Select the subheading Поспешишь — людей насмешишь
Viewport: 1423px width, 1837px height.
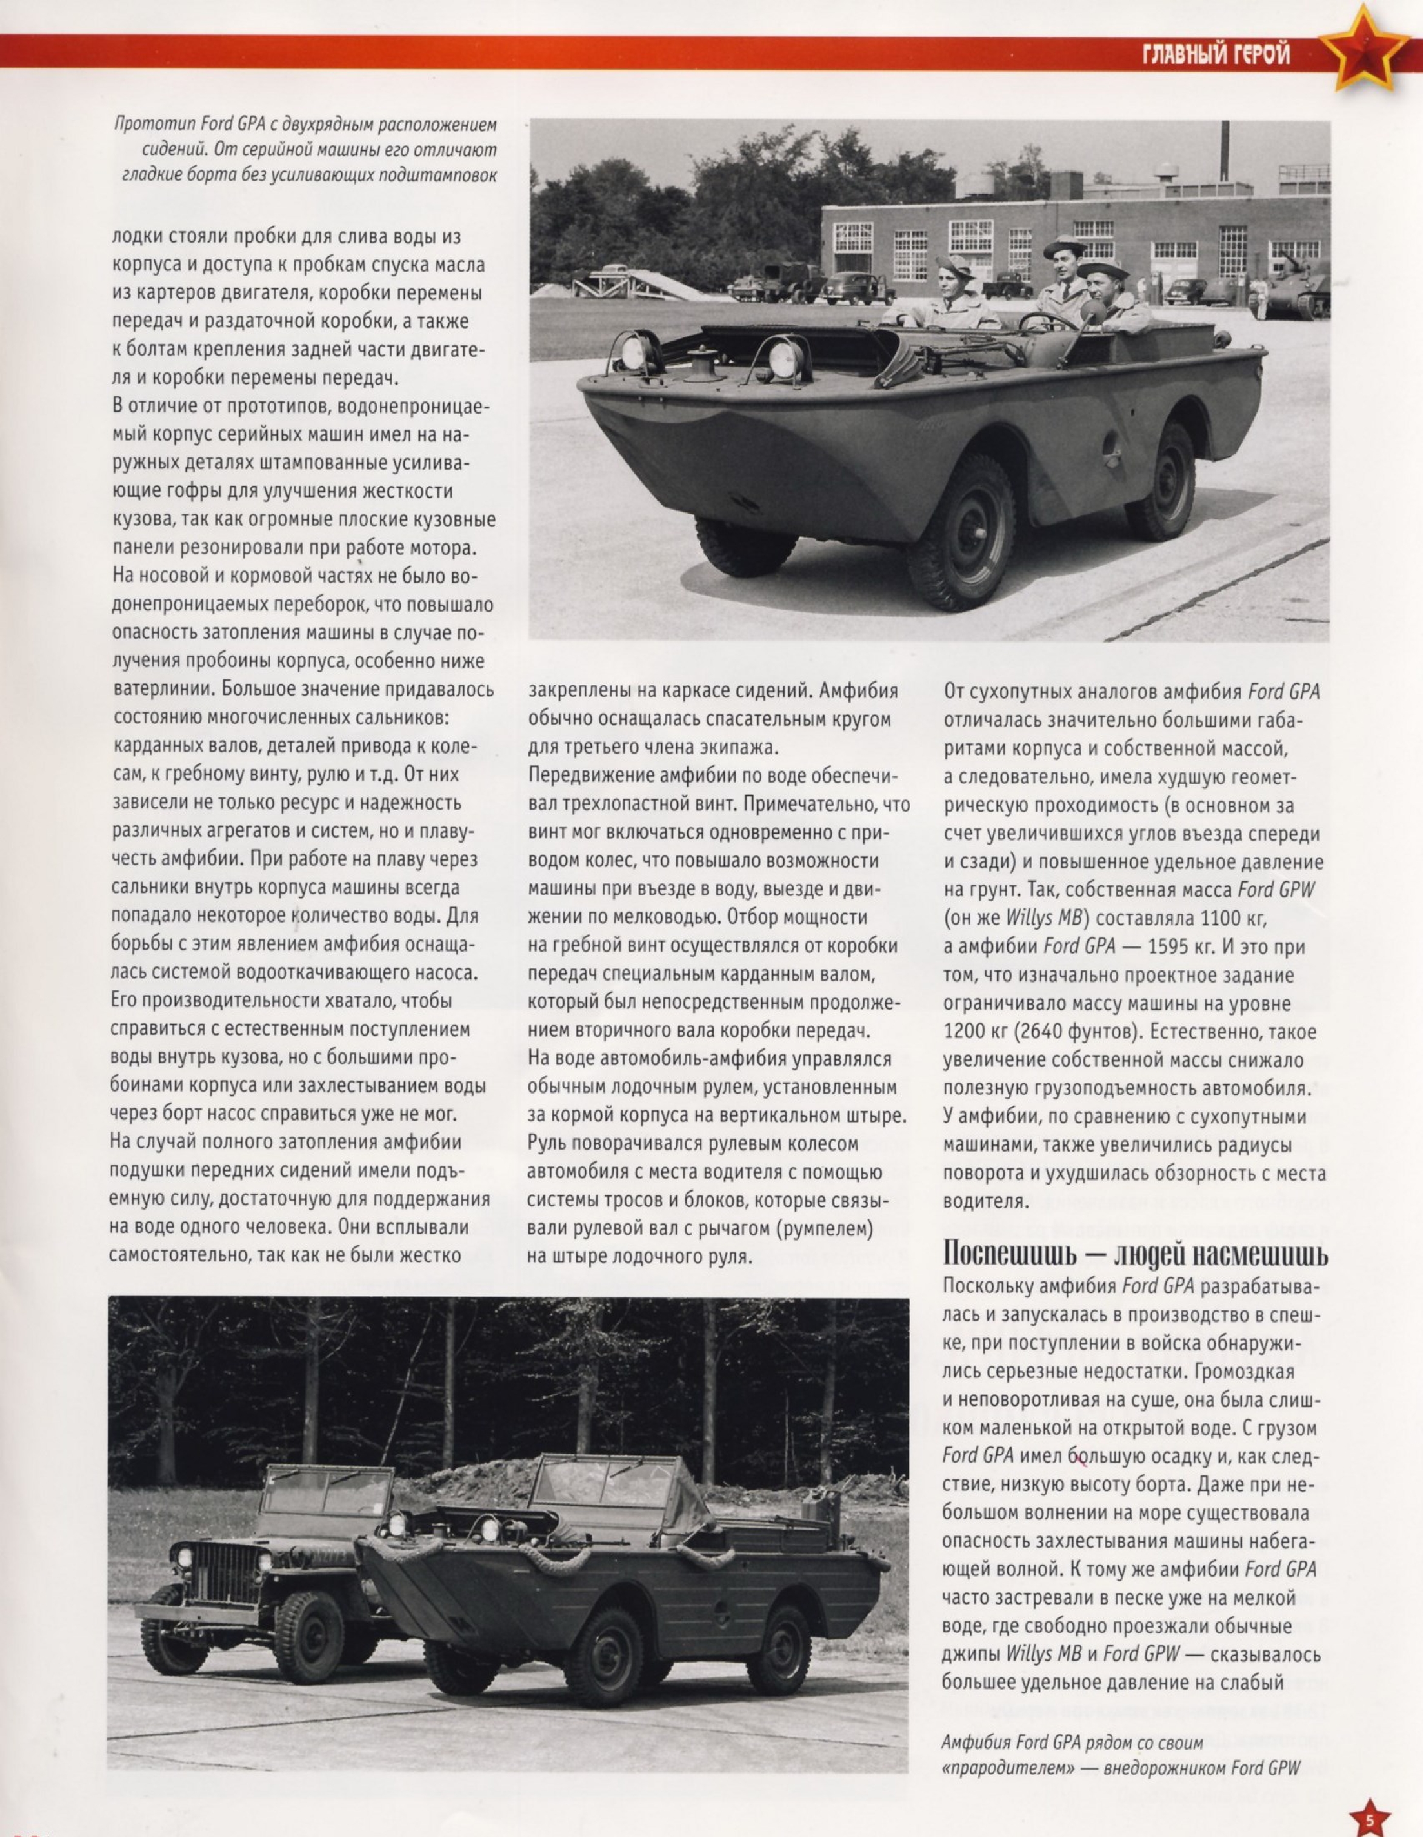1135,1254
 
